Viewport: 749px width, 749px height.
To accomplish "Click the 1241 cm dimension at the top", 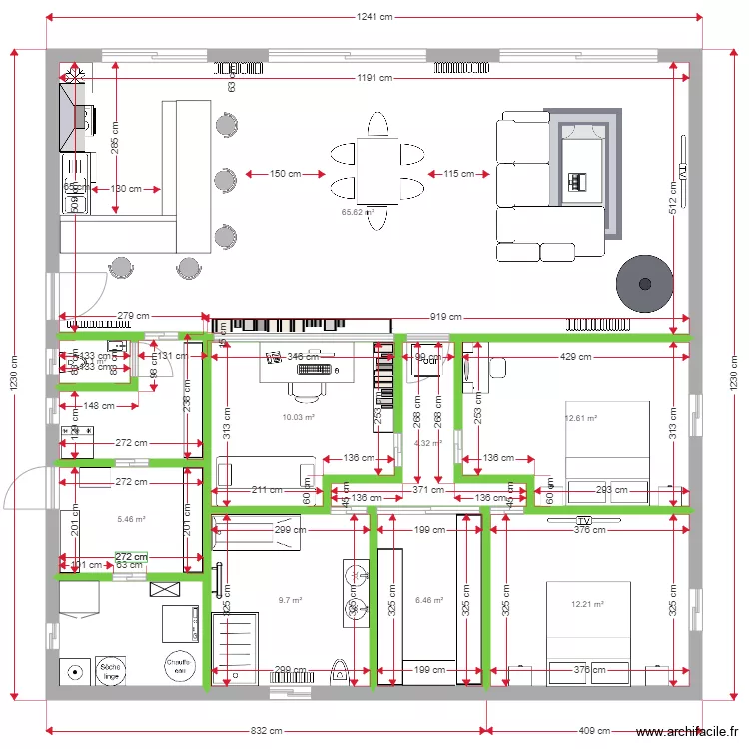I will click(374, 17).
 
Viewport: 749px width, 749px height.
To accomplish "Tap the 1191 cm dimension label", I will click(374, 78).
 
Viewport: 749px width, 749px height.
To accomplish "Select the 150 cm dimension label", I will click(285, 174).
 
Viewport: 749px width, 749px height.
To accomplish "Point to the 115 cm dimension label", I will click(459, 174).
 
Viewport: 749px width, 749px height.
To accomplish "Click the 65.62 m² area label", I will click(357, 212).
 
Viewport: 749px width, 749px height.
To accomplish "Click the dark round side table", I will click(642, 283).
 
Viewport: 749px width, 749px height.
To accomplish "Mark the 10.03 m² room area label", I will click(299, 418).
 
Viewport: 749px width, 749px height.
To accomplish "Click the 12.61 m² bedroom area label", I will click(580, 419).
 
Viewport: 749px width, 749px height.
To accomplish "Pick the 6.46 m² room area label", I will click(427, 600).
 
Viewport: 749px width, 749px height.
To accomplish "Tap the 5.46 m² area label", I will click(131, 519).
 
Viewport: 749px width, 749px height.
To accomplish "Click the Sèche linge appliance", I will click(110, 669).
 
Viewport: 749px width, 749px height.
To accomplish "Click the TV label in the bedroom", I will click(584, 521).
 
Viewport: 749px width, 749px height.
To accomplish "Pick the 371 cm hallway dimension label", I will click(426, 490).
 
